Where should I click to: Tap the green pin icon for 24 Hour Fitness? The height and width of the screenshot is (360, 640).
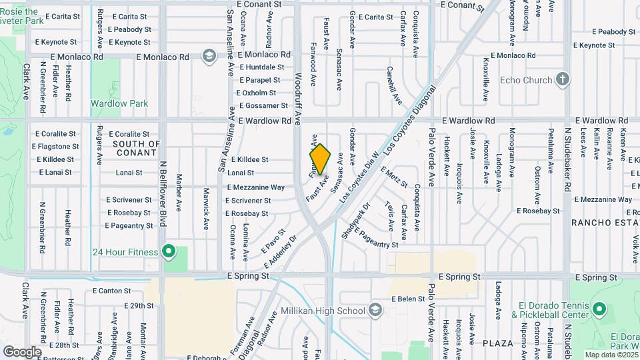(x=169, y=252)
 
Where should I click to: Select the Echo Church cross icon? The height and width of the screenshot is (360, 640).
(x=563, y=80)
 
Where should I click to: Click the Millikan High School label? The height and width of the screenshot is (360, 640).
(x=328, y=311)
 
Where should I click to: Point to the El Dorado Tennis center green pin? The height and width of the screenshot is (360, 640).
(x=599, y=309)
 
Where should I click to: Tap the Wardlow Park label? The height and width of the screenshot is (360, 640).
(x=119, y=104)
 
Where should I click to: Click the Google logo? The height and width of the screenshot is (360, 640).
(x=21, y=351)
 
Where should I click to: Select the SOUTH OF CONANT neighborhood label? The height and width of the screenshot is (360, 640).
(x=137, y=148)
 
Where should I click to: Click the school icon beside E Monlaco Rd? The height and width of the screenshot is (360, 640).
(x=209, y=55)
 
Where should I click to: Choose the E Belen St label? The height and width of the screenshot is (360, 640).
(x=408, y=299)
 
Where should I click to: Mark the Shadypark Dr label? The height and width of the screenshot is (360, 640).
(x=350, y=225)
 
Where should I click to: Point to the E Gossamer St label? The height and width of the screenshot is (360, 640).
(x=254, y=106)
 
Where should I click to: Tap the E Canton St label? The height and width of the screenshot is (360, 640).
(x=112, y=291)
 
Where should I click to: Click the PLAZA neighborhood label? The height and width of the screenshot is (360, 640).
(x=499, y=343)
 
